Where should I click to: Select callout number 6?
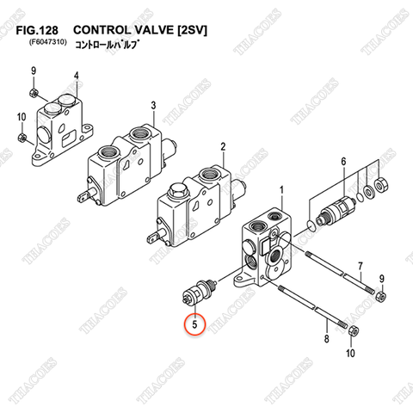(343, 162)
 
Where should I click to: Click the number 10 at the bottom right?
(349, 353)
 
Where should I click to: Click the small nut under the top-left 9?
(31, 92)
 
